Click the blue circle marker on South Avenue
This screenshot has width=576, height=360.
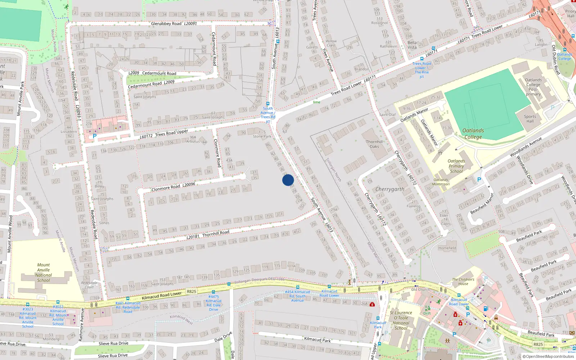click(x=288, y=180)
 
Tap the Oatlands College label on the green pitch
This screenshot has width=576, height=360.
click(x=473, y=134)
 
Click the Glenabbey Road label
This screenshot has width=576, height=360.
click(x=166, y=24)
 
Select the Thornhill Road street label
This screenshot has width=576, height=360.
click(x=216, y=234)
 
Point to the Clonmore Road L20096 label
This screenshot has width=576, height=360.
click(x=173, y=187)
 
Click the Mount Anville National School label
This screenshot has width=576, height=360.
click(x=44, y=273)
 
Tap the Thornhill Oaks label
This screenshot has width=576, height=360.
click(x=374, y=144)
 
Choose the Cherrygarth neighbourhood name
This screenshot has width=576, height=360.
click(x=390, y=189)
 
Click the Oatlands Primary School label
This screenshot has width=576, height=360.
click(x=456, y=166)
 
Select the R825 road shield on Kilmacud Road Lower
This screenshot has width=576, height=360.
click(x=192, y=292)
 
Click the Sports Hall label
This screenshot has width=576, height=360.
click(x=530, y=119)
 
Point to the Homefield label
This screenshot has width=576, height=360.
click(x=447, y=248)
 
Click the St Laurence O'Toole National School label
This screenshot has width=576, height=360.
click(x=401, y=320)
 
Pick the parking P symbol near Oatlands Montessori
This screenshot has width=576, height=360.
click(x=479, y=180)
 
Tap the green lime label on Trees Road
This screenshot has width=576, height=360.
click(x=316, y=102)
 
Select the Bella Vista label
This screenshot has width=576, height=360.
click(x=412, y=45)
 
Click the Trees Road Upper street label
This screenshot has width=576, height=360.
click(x=171, y=132)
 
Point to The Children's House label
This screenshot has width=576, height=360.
click(x=463, y=282)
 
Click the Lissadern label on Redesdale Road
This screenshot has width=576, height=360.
click(x=69, y=132)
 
